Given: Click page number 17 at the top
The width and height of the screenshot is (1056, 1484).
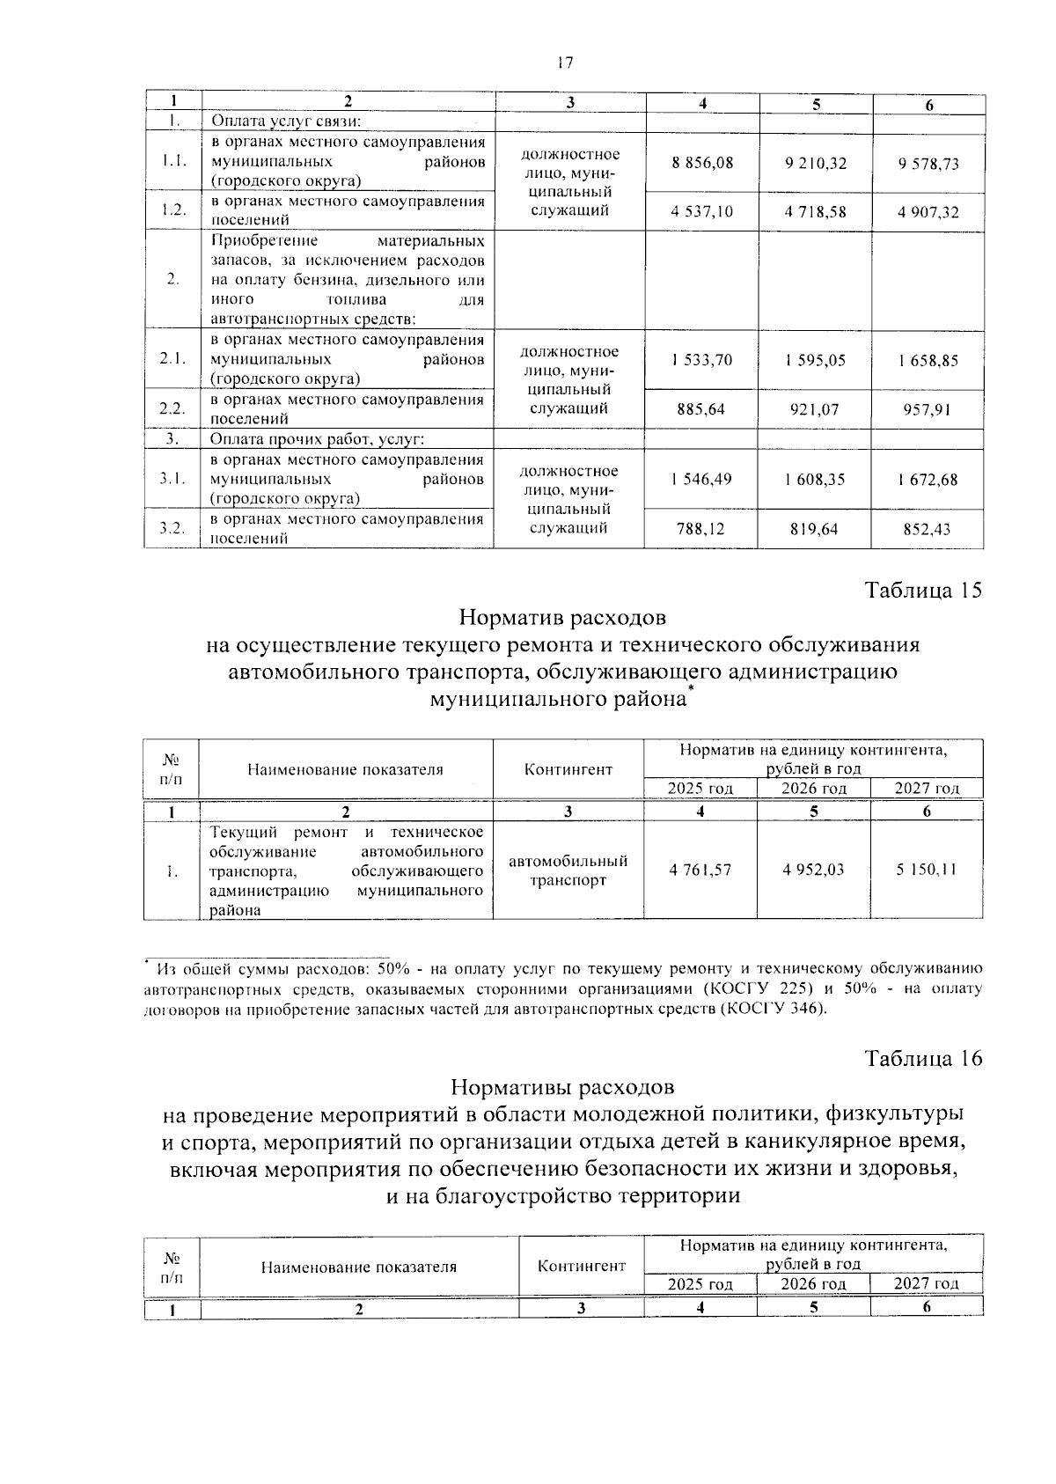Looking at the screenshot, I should click(x=565, y=62).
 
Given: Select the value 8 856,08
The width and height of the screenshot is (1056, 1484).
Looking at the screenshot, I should click(x=702, y=163).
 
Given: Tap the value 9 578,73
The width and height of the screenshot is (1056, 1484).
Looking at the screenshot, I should click(x=928, y=164).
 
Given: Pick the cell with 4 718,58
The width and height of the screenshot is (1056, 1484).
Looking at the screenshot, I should click(x=815, y=212).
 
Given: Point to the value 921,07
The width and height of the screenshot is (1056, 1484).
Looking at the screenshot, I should click(x=814, y=409).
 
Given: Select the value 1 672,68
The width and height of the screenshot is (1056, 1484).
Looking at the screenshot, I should click(x=928, y=480).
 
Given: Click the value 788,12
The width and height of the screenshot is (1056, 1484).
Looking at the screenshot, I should click(x=701, y=529).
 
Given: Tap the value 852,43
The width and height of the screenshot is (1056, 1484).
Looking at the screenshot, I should click(x=928, y=529).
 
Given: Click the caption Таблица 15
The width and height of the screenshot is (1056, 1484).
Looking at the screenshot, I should click(x=923, y=591).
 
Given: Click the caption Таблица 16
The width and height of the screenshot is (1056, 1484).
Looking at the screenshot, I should click(x=923, y=1058).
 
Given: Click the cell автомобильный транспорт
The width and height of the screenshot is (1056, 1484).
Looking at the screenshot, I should click(x=568, y=870).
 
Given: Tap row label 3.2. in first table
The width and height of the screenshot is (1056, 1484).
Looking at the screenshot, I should click(x=172, y=528).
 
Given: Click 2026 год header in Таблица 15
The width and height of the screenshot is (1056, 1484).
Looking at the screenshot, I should click(x=814, y=789).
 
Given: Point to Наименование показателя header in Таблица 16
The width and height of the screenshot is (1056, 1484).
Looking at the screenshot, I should click(x=359, y=1267).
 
